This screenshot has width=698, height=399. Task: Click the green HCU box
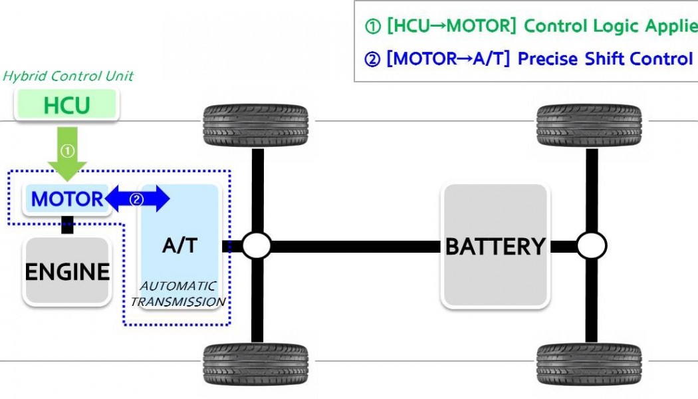(66, 105)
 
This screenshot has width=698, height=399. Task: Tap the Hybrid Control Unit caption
(68, 76)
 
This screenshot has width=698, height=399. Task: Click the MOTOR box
(66, 199)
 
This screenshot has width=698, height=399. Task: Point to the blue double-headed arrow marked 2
(137, 199)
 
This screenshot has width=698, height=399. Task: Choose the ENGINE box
(67, 271)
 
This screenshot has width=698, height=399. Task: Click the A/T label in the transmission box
(179, 245)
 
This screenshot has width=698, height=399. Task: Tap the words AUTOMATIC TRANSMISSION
(178, 294)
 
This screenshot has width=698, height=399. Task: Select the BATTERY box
(495, 247)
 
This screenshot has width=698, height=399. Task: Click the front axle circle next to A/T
(256, 246)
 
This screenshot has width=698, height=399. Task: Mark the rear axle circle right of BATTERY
(591, 246)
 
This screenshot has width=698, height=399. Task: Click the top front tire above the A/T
(255, 126)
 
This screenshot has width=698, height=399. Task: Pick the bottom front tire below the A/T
(255, 364)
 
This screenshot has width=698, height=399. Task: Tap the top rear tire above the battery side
(589, 126)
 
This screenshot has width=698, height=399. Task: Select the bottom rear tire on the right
(589, 364)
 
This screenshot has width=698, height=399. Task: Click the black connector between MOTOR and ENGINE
(67, 225)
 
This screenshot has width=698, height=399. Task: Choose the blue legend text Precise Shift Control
(605, 59)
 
